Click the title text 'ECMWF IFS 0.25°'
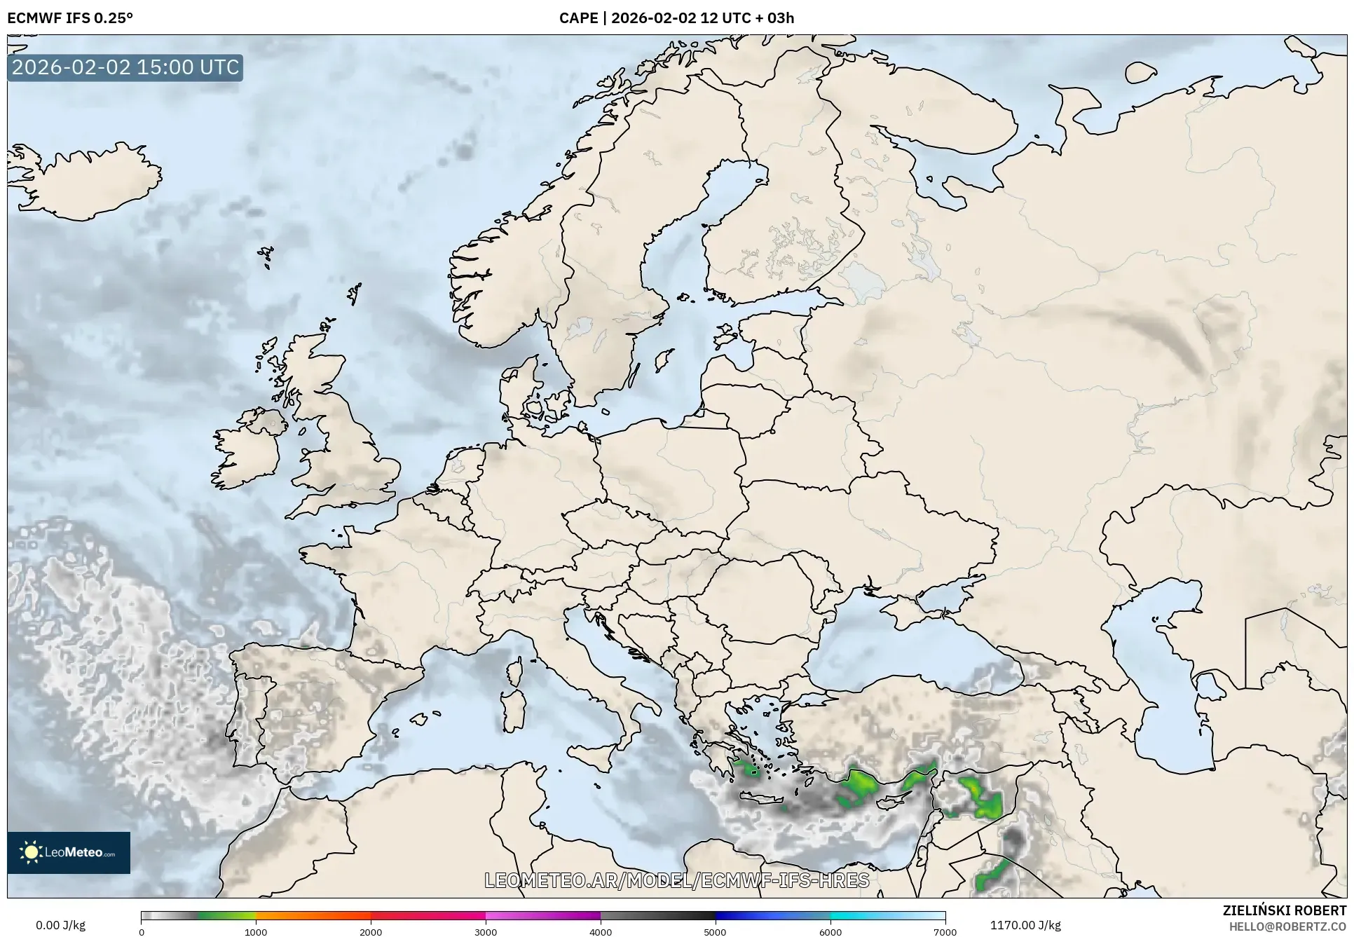(x=70, y=18)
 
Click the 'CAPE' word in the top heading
(x=578, y=18)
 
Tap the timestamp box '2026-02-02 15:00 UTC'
(x=125, y=67)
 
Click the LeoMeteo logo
(x=69, y=852)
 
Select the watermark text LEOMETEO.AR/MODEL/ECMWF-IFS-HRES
(x=677, y=880)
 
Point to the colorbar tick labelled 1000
(x=256, y=931)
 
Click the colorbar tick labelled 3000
(x=486, y=931)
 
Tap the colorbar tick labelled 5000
(x=716, y=931)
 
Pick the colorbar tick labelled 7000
(x=945, y=931)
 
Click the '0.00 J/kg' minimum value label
(x=60, y=925)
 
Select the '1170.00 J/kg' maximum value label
(x=1025, y=925)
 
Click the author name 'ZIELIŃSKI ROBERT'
(x=1284, y=910)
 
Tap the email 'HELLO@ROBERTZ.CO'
(x=1287, y=926)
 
